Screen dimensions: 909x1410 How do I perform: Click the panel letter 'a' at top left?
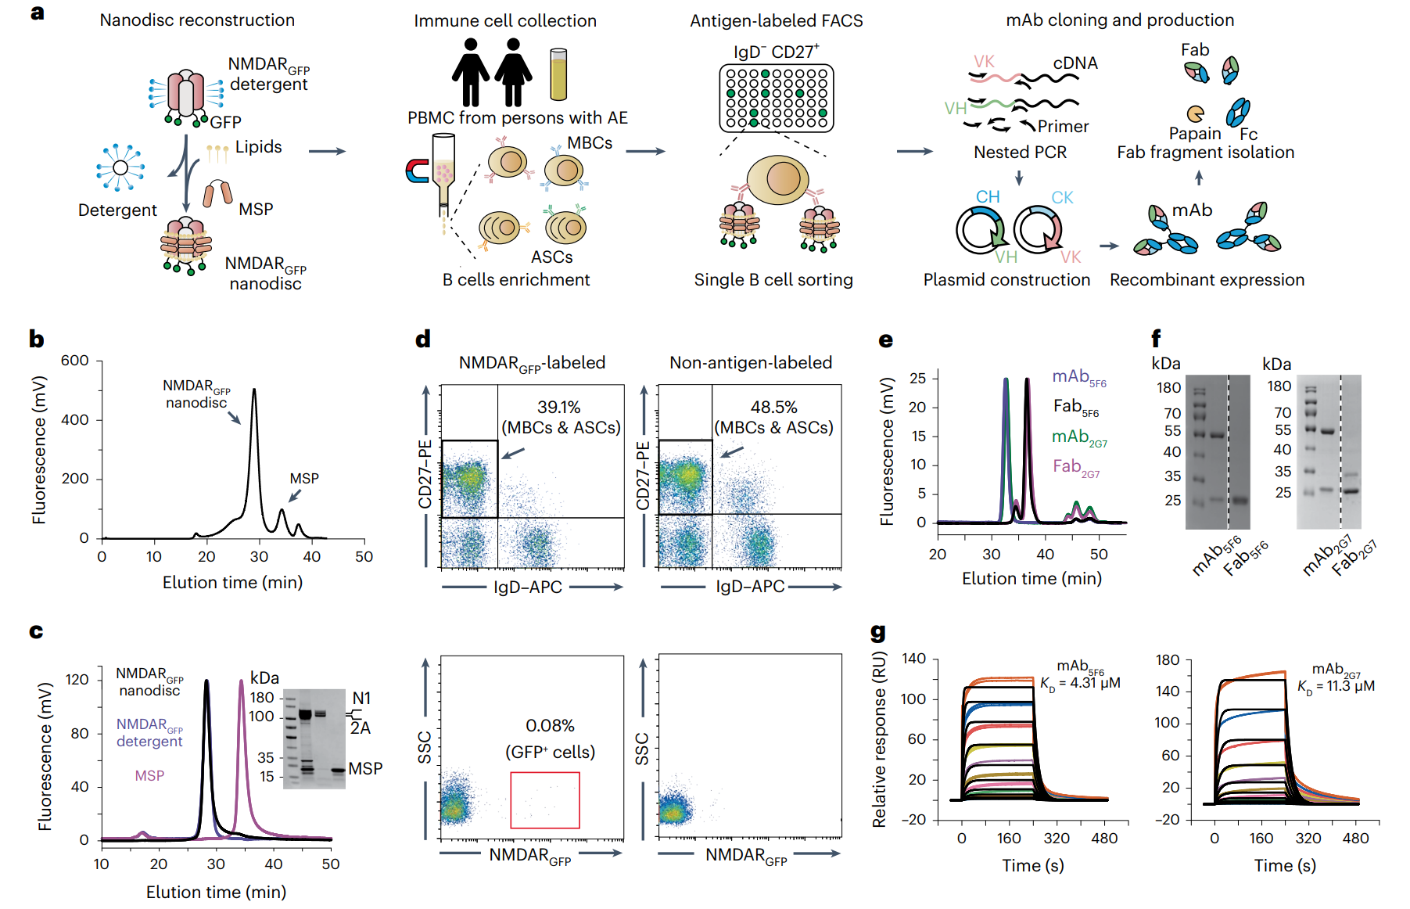click(x=37, y=13)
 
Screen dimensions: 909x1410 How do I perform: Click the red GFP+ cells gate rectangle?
click(x=544, y=799)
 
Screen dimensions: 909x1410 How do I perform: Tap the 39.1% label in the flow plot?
click(x=558, y=408)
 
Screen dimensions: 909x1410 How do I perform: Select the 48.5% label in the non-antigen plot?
click(x=773, y=408)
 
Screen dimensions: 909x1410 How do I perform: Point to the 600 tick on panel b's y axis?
click(x=75, y=361)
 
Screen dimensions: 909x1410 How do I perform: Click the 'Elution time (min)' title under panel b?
click(x=232, y=583)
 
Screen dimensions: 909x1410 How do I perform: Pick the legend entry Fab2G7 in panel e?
click(x=1076, y=468)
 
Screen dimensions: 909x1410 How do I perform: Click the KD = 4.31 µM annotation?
click(x=1080, y=684)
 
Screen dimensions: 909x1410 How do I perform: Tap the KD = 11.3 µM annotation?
click(x=1336, y=687)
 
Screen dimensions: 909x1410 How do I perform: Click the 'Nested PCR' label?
click(x=1020, y=153)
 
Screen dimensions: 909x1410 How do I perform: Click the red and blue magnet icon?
click(x=417, y=171)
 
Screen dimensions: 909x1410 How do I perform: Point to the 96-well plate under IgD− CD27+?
click(x=777, y=98)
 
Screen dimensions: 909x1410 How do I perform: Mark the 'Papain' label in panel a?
click(x=1194, y=134)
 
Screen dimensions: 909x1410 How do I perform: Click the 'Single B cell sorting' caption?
click(x=773, y=280)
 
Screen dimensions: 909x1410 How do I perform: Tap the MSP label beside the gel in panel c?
click(x=365, y=769)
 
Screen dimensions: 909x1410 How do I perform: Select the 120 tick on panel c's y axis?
click(x=77, y=680)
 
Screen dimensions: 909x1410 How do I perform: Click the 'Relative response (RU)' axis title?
click(x=880, y=739)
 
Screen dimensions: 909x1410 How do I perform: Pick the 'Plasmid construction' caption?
click(x=1006, y=280)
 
